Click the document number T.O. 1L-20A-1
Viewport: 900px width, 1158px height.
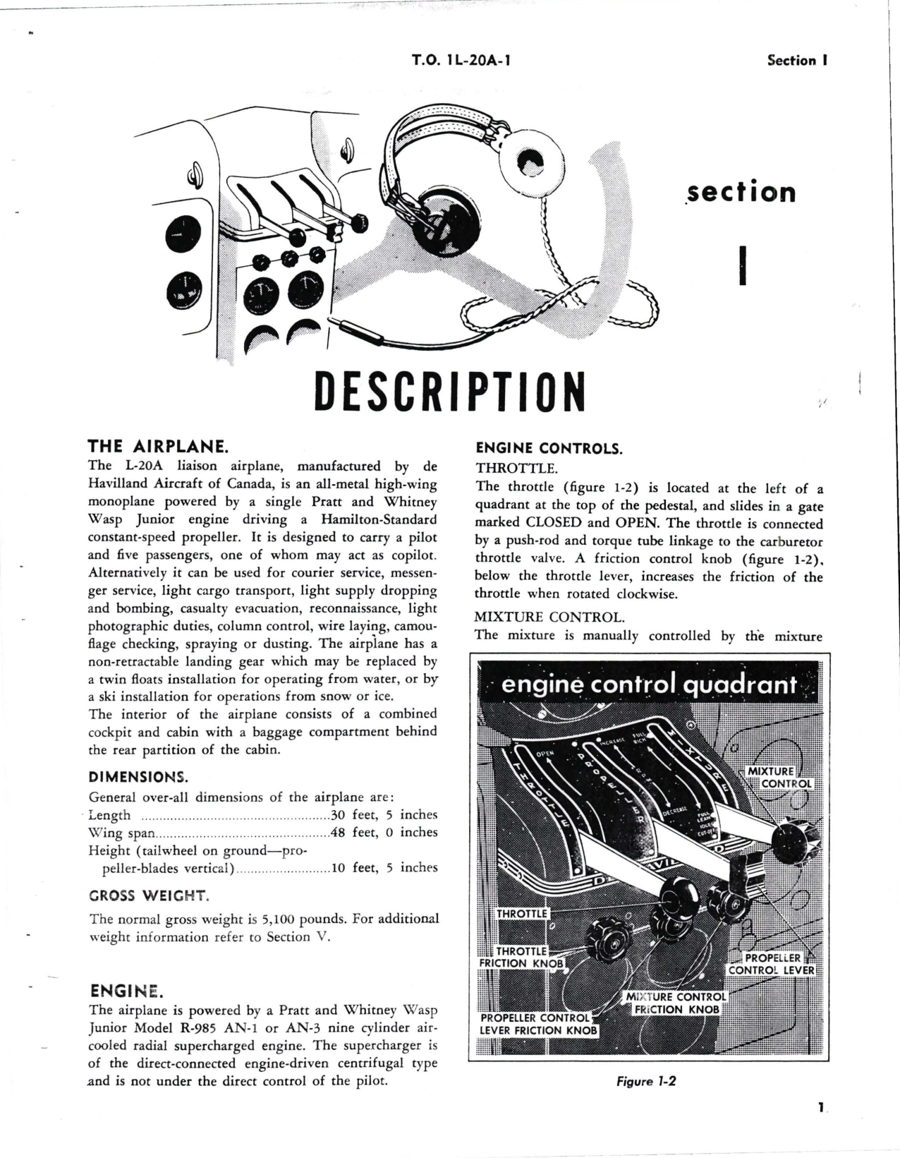point(461,60)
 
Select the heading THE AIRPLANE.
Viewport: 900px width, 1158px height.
point(157,447)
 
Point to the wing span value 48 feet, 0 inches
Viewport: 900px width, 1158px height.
point(384,833)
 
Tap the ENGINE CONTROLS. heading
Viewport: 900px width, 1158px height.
point(549,448)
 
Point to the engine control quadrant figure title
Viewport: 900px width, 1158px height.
point(649,685)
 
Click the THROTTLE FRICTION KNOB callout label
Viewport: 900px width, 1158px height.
point(522,958)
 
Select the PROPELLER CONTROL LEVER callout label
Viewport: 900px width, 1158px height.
point(772,964)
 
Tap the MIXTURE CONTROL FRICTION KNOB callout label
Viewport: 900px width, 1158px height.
point(676,1003)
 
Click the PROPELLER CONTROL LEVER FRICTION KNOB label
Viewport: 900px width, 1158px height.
point(538,1024)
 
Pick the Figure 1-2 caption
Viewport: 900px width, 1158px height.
point(646,1081)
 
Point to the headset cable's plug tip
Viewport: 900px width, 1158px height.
point(337,326)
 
